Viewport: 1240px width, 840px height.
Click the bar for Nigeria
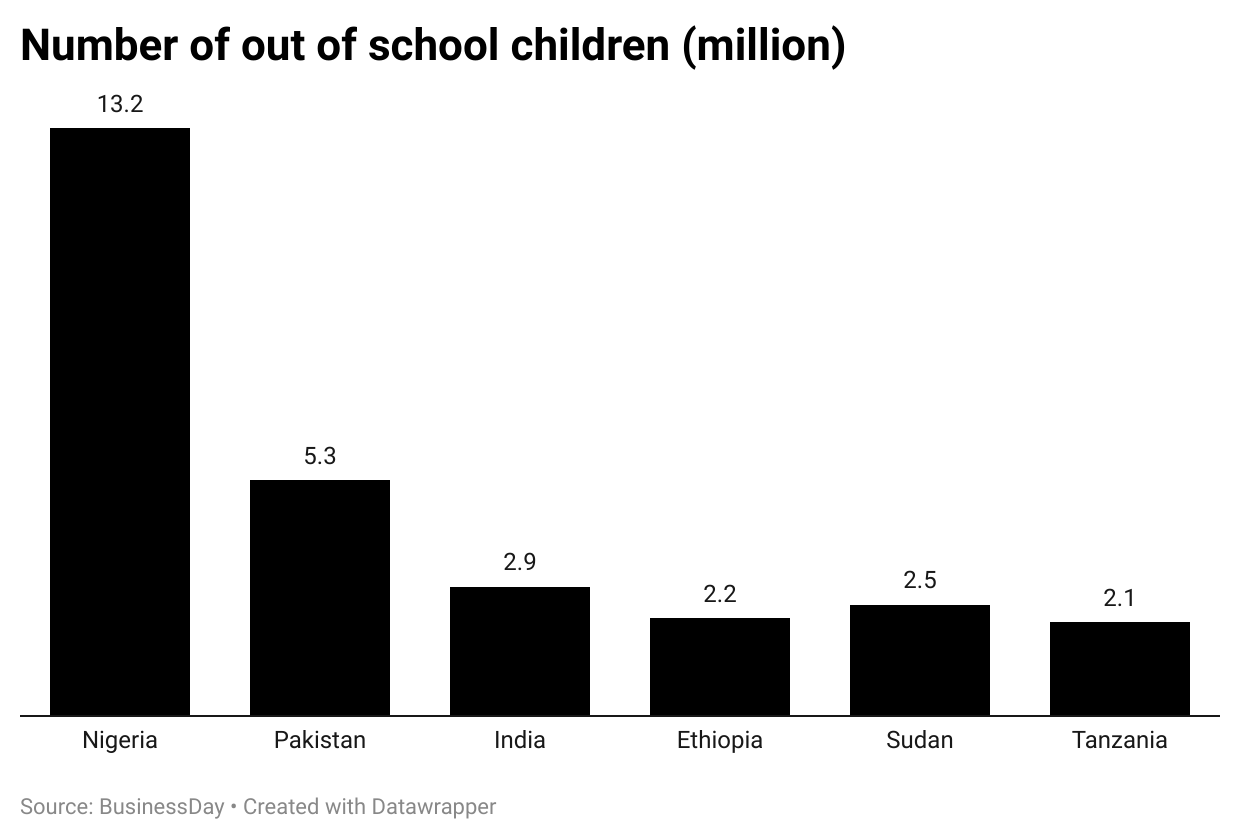(x=120, y=421)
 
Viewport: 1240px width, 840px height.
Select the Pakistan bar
(x=320, y=597)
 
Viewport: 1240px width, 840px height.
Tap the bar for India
(x=520, y=651)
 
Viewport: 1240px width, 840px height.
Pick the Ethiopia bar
(x=720, y=666)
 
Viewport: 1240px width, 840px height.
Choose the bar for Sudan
(x=920, y=660)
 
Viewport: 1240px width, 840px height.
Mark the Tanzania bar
(x=1120, y=668)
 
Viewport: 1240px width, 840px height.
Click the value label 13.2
(x=120, y=104)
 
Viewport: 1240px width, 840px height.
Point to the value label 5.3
(x=320, y=456)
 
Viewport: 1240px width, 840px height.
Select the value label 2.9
(x=520, y=562)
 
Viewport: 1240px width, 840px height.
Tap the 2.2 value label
(x=720, y=594)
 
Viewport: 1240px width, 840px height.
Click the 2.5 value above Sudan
(x=920, y=580)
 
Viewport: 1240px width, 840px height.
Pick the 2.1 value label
(x=1120, y=598)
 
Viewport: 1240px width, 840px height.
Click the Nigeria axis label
(x=120, y=741)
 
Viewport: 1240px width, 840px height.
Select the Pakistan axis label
(x=320, y=741)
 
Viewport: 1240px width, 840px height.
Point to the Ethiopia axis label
(x=720, y=741)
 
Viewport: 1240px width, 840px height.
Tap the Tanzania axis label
(x=1120, y=741)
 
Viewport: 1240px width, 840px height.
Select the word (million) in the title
(x=764, y=46)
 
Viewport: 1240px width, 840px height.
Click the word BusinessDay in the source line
(x=162, y=806)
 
